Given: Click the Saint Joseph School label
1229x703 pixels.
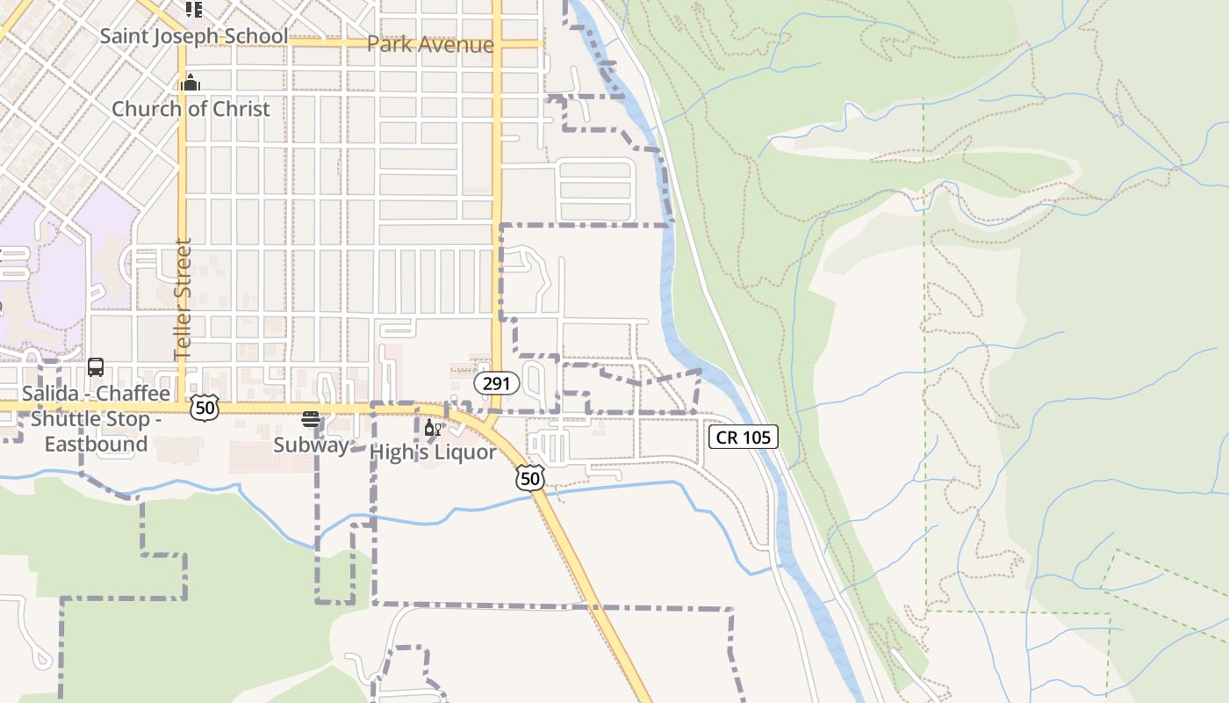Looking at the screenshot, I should (193, 36).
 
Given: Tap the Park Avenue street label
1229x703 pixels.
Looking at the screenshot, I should (430, 44).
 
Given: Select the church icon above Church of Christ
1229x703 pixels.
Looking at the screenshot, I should (190, 83).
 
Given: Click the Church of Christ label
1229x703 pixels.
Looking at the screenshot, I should (190, 108).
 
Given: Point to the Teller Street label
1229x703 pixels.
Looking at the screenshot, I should (183, 299).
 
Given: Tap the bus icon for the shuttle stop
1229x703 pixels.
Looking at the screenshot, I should (96, 367).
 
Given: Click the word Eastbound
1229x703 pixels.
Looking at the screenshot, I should (96, 444).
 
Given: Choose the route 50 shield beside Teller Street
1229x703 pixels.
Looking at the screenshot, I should (204, 408).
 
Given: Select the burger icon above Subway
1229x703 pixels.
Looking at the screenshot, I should (310, 419).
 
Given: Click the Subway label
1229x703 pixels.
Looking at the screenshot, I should (311, 445).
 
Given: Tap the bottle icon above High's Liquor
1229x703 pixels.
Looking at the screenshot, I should (432, 428).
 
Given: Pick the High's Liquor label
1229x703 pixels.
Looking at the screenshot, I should (433, 452).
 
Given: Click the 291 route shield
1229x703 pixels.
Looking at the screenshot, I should (497, 384).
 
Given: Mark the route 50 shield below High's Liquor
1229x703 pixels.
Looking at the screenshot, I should (530, 477).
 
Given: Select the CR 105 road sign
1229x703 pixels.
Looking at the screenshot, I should (744, 437).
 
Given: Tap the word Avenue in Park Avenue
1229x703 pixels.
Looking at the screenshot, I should (455, 44).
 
